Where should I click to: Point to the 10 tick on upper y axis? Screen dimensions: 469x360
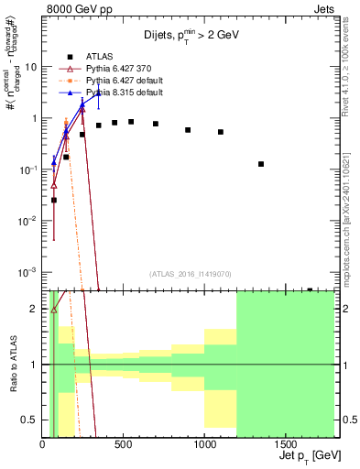click(x=30, y=67)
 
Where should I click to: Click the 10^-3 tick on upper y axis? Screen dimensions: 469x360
click(x=27, y=273)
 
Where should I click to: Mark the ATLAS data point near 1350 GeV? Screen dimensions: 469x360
click(x=261, y=164)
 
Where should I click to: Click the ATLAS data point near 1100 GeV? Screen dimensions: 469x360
click(x=221, y=132)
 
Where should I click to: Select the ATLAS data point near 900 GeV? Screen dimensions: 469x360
click(x=188, y=130)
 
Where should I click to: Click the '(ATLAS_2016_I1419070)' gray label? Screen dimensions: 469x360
click(x=190, y=273)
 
